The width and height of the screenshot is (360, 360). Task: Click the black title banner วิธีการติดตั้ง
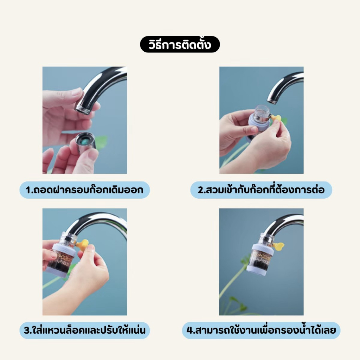click(180, 44)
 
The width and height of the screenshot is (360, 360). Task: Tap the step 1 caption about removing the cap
click(84, 190)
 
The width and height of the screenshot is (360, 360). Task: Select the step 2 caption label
click(261, 190)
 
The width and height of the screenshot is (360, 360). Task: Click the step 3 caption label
click(84, 330)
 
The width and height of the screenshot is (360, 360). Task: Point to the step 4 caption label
click(261, 330)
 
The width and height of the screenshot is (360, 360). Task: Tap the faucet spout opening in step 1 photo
click(83, 109)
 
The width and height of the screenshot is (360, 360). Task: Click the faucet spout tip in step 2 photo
click(272, 99)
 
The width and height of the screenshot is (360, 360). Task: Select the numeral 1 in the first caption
click(28, 190)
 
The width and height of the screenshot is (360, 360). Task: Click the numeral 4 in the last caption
click(189, 330)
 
